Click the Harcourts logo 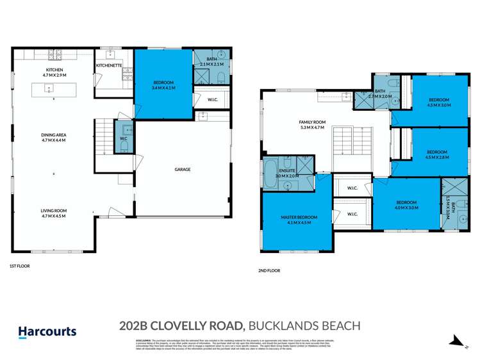47,332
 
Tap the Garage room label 182,170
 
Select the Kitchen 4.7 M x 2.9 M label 54,73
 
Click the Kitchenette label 109,65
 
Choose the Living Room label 54,213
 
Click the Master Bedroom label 295,220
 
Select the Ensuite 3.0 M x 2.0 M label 287,173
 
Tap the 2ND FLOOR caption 269,271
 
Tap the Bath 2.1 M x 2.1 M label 211,61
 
